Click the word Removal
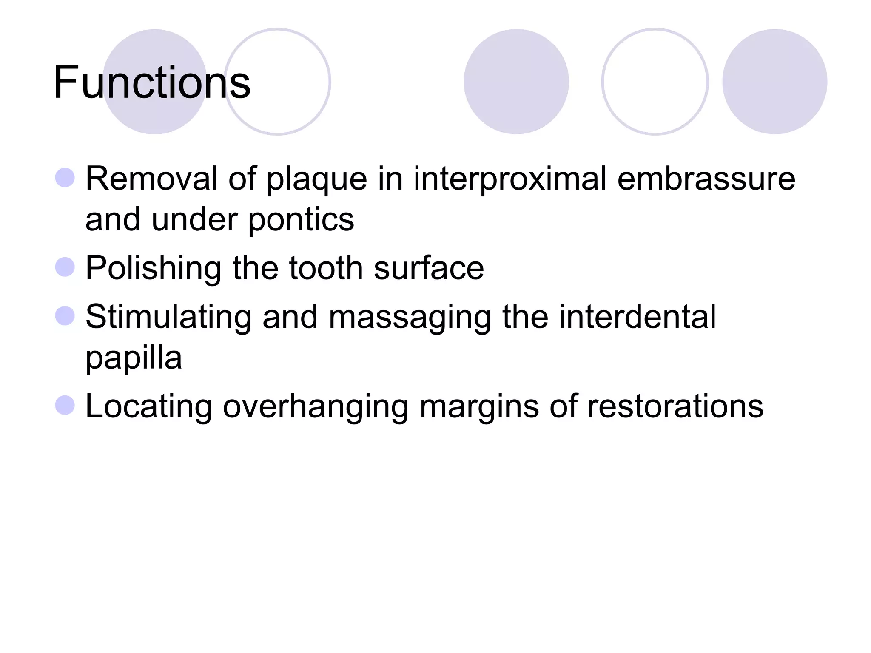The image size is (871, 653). [151, 179]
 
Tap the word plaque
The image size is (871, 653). [316, 180]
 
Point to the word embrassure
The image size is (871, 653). [706, 179]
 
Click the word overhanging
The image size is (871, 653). [316, 407]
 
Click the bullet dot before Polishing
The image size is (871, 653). [65, 267]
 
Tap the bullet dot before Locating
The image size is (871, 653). [65, 405]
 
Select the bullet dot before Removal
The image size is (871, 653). [65, 178]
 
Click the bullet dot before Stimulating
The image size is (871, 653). [65, 316]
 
